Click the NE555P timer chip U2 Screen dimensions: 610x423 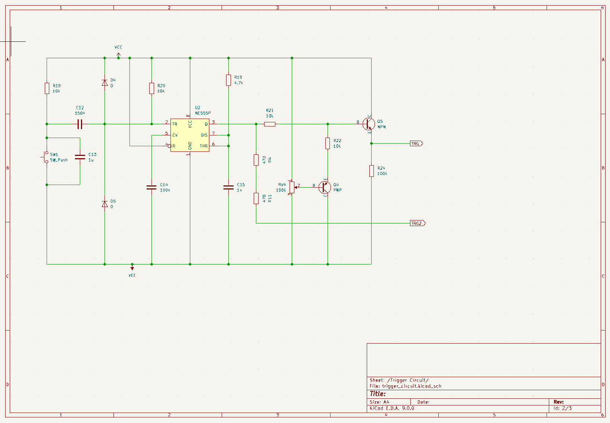point(190,135)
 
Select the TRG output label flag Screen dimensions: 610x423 point(416,144)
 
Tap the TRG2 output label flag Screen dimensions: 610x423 point(418,223)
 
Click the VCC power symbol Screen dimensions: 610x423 point(119,55)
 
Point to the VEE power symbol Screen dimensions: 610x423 point(132,268)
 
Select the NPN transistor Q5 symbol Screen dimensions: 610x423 point(369,124)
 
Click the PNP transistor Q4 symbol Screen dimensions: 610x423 point(325,187)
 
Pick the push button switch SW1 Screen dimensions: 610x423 point(45,157)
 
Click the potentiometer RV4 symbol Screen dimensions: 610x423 point(292,187)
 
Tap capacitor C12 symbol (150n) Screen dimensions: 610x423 point(80,124)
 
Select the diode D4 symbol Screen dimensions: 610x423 point(104,83)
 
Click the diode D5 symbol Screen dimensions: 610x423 point(104,204)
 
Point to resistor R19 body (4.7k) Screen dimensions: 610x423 point(228,80)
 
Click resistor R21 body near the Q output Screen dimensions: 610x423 point(270,124)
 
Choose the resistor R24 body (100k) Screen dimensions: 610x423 point(372,171)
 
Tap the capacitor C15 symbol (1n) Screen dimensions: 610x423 point(228,187)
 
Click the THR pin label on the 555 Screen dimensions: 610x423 point(204,146)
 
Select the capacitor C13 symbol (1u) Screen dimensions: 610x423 point(80,157)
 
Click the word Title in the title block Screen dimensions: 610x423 point(378,394)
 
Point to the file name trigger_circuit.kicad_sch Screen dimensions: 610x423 point(412,386)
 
